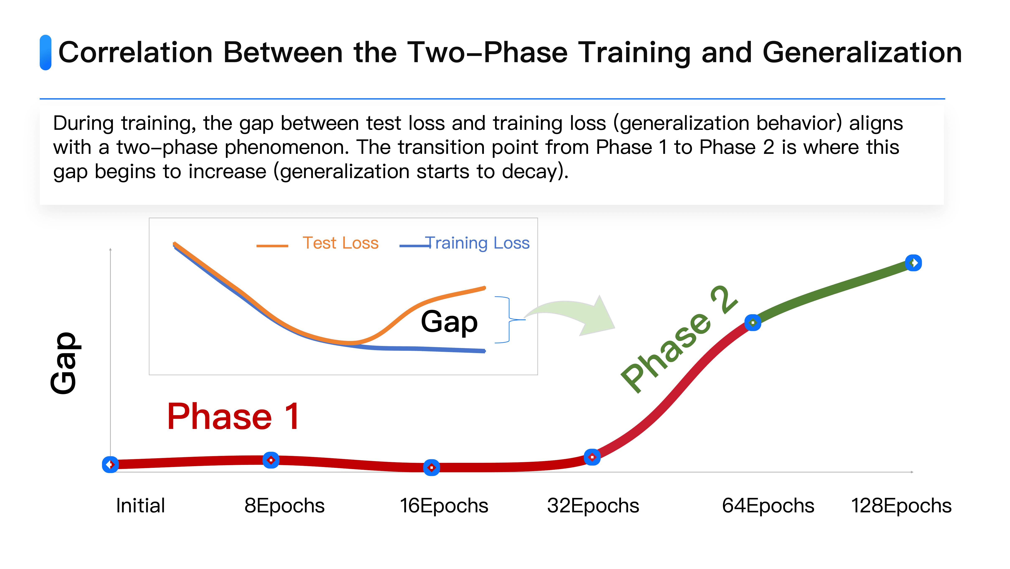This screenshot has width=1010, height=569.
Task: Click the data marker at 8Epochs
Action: click(x=271, y=460)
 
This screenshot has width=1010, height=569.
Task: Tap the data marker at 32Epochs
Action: click(x=592, y=457)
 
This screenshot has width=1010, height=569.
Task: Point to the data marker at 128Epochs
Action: click(x=914, y=263)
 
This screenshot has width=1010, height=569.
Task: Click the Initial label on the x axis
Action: click(x=140, y=505)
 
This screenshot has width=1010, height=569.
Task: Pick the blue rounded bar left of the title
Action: click(x=46, y=52)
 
